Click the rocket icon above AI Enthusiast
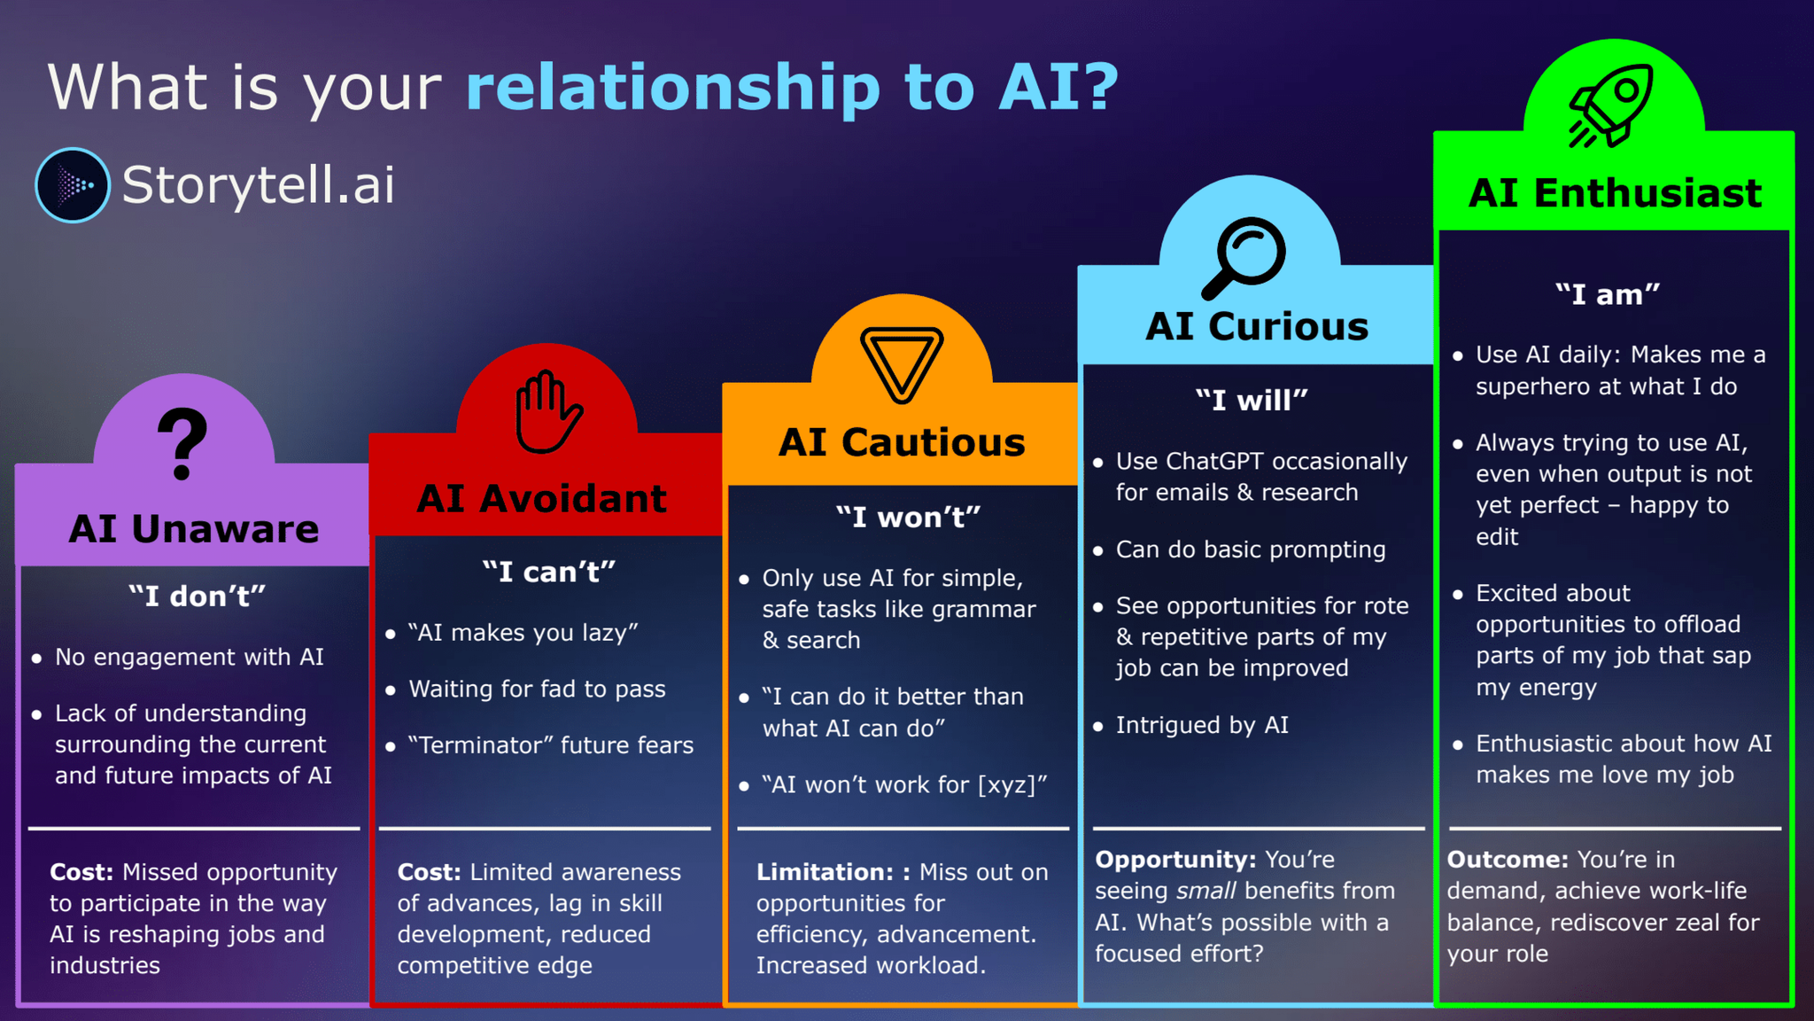(x=1610, y=105)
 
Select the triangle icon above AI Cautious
(x=902, y=363)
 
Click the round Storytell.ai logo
(x=73, y=184)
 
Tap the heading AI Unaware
(x=194, y=529)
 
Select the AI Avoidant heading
(x=542, y=499)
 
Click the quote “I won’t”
(x=908, y=517)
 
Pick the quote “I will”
(x=1251, y=401)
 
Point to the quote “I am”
(x=1608, y=294)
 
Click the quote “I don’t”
(x=197, y=596)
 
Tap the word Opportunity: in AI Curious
(x=1175, y=860)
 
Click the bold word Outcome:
(x=1508, y=860)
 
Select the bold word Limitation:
(x=825, y=872)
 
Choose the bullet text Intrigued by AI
(x=1202, y=725)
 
